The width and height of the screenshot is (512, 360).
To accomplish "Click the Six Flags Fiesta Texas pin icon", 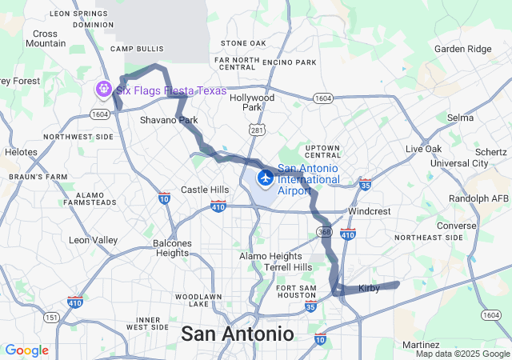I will click(x=103, y=88).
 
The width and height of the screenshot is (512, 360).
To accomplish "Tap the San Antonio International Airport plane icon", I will click(x=265, y=176).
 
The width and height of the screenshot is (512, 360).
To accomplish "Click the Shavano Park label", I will click(x=168, y=120).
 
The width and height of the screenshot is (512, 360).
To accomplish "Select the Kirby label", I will click(x=369, y=288).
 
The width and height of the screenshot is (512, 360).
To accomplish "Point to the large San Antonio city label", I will click(x=238, y=333).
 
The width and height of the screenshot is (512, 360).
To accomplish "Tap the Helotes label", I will click(x=21, y=151).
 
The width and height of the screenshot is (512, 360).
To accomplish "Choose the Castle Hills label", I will click(x=205, y=190).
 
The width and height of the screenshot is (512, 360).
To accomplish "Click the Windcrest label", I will click(x=368, y=211).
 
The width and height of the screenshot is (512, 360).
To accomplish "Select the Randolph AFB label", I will click(x=479, y=198).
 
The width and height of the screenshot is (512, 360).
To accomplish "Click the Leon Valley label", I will click(x=93, y=240).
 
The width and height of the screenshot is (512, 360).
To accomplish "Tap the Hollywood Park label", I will click(x=252, y=102).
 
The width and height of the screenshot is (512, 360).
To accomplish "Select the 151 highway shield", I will click(x=51, y=318).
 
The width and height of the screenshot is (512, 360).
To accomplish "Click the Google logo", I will click(x=26, y=350).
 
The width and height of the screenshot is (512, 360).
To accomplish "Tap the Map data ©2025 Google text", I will click(x=462, y=354).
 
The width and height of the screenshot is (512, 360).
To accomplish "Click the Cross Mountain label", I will click(x=46, y=38).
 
